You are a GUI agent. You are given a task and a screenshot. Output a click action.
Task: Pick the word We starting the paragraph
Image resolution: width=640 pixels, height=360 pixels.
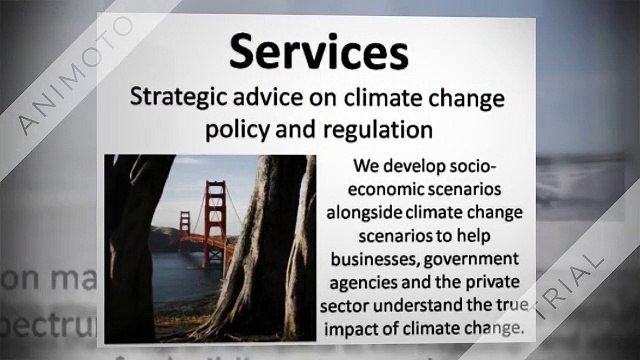(x=365, y=167)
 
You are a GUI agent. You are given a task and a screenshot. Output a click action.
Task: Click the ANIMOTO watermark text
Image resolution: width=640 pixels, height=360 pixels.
(x=75, y=75)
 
